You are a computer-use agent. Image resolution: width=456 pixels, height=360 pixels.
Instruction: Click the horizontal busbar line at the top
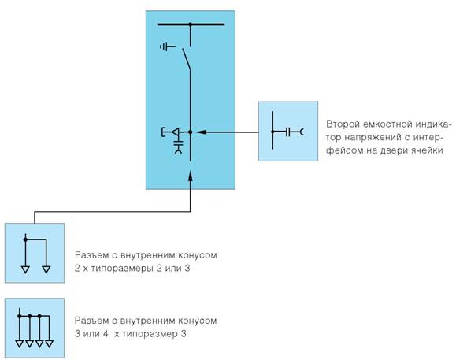pos(191,24)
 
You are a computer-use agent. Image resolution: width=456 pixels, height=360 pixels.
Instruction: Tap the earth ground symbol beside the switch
pos(168,46)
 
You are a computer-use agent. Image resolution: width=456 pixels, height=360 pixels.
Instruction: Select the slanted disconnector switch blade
pos(187,59)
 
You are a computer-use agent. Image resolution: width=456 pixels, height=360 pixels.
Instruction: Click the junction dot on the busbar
pos(191,24)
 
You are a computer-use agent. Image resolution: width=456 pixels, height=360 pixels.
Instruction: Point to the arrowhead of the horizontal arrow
pos(202,132)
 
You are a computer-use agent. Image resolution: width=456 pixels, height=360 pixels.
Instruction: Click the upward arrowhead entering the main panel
pos(191,176)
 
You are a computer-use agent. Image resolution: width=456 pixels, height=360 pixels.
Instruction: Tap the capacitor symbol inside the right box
pos(287,132)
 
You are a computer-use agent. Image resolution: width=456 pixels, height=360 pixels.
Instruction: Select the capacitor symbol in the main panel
pos(178,143)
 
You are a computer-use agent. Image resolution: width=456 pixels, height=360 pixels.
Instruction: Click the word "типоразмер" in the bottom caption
pos(150,334)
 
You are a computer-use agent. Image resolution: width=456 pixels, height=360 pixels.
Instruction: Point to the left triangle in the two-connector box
pos(25,269)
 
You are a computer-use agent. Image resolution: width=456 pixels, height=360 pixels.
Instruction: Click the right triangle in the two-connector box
pos(46,269)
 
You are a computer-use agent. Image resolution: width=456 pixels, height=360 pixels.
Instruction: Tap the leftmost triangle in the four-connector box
pos(20,344)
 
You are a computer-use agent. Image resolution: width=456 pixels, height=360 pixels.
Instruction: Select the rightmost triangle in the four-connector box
pos(49,344)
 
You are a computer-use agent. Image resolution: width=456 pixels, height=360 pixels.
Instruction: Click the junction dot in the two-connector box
pos(25,239)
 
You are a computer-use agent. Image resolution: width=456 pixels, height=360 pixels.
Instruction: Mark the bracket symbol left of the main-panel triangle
pos(163,132)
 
